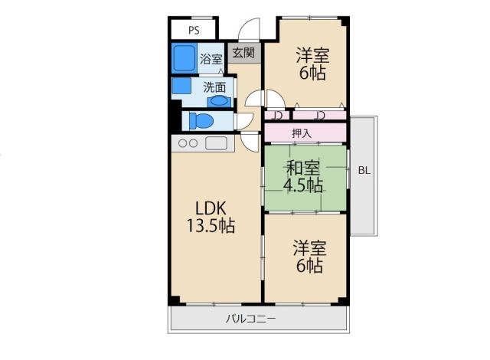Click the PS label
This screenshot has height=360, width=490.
194,31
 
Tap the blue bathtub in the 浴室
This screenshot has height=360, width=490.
184,58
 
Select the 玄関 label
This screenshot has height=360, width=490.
243,53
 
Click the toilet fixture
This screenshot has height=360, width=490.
201,121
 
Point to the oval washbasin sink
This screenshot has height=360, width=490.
218,101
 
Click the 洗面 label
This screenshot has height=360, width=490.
214,87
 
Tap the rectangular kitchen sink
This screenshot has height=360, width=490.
216,143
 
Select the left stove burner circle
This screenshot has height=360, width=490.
182,143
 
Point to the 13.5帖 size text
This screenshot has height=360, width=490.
211,225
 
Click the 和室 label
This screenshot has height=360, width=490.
303,168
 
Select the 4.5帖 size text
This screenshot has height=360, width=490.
303,185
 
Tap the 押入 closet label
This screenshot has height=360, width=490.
302,133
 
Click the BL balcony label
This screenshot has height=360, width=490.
364,171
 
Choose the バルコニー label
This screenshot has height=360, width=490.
251,319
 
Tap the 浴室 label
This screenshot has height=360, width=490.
211,59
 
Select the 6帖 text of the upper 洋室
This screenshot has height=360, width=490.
312,73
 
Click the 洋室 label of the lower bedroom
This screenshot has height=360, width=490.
309,248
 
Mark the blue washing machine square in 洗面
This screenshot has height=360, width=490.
181,86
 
